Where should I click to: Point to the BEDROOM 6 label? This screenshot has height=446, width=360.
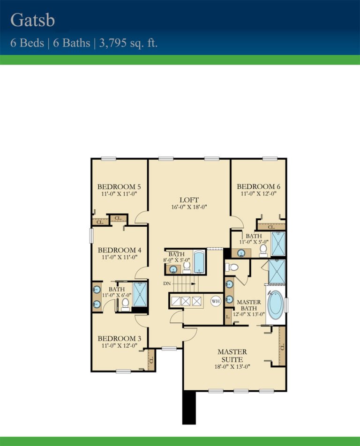pyautogui.click(x=259, y=186)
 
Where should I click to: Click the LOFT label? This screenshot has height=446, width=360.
pyautogui.click(x=189, y=199)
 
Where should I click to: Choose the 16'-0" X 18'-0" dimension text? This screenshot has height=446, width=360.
pyautogui.click(x=189, y=207)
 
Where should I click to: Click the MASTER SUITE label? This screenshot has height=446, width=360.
pyautogui.click(x=232, y=355)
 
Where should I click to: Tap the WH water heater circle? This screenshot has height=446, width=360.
pyautogui.click(x=215, y=301)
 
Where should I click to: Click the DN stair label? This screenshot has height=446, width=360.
pyautogui.click(x=167, y=284)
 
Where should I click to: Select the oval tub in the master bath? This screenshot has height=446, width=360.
pyautogui.click(x=275, y=304)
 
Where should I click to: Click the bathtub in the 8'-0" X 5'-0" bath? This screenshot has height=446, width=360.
pyautogui.click(x=199, y=262)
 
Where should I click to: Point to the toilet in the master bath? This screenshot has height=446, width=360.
pyautogui.click(x=232, y=268)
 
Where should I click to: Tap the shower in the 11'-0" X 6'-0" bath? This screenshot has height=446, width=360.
pyautogui.click(x=140, y=295)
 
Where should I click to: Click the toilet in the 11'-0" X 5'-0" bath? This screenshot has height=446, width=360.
pyautogui.click(x=263, y=250)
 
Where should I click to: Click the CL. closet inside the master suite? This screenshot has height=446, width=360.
pyautogui.click(x=282, y=347)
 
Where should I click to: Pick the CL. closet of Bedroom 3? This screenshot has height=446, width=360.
pyautogui.click(x=151, y=360)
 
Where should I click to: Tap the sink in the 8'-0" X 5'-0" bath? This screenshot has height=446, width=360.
pyautogui.click(x=173, y=269)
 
